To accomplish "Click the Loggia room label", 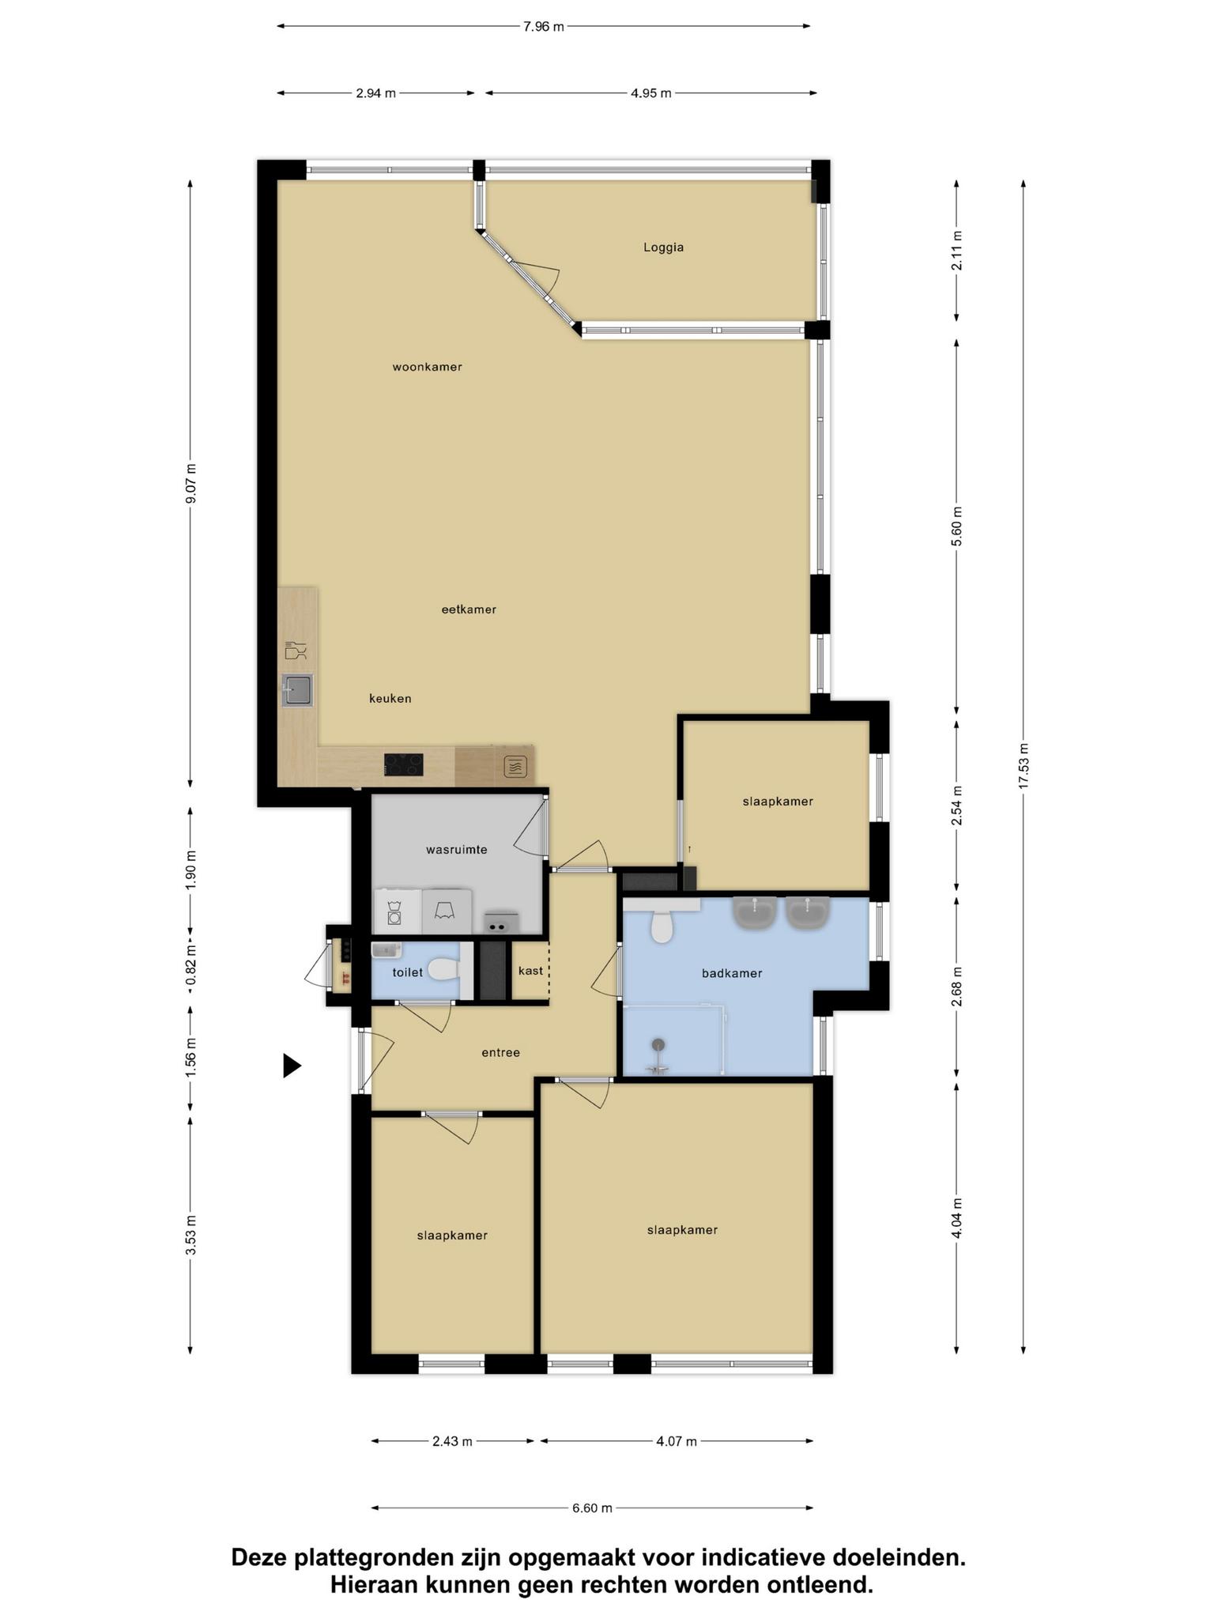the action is tap(663, 247).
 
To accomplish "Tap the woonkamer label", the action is tap(427, 367).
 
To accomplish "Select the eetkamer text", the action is tap(469, 609).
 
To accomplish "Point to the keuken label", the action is tap(390, 699).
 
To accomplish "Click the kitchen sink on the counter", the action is tap(297, 690).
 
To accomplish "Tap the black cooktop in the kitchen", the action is tap(403, 764).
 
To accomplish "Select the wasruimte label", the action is tap(456, 850).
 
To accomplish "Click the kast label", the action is tap(530, 970).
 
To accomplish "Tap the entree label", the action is tap(500, 1052).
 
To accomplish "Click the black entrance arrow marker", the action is tap(292, 1066).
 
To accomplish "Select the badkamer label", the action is tap(732, 973).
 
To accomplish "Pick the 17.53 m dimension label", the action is tap(1024, 765).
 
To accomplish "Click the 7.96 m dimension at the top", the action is tap(544, 27).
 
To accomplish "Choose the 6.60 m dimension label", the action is tap(592, 1508).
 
